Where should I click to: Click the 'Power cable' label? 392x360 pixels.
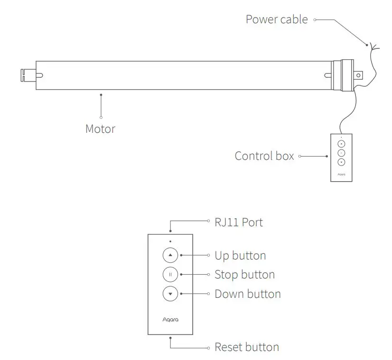coord(276,19)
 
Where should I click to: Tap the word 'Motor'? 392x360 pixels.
coord(100,129)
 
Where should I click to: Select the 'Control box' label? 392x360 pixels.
coord(264,156)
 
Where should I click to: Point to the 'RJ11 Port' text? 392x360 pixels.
coord(238,222)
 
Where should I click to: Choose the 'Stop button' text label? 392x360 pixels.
coord(244,275)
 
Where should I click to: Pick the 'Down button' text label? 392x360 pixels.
coord(247,294)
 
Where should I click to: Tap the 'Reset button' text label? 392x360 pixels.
coord(247,347)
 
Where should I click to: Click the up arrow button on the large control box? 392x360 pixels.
coord(170,256)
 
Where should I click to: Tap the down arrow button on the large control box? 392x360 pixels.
coord(170,294)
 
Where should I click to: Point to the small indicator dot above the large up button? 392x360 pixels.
coord(170,241)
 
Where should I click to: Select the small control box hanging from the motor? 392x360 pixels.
coord(341,157)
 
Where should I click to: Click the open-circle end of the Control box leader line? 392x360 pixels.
coord(299,156)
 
